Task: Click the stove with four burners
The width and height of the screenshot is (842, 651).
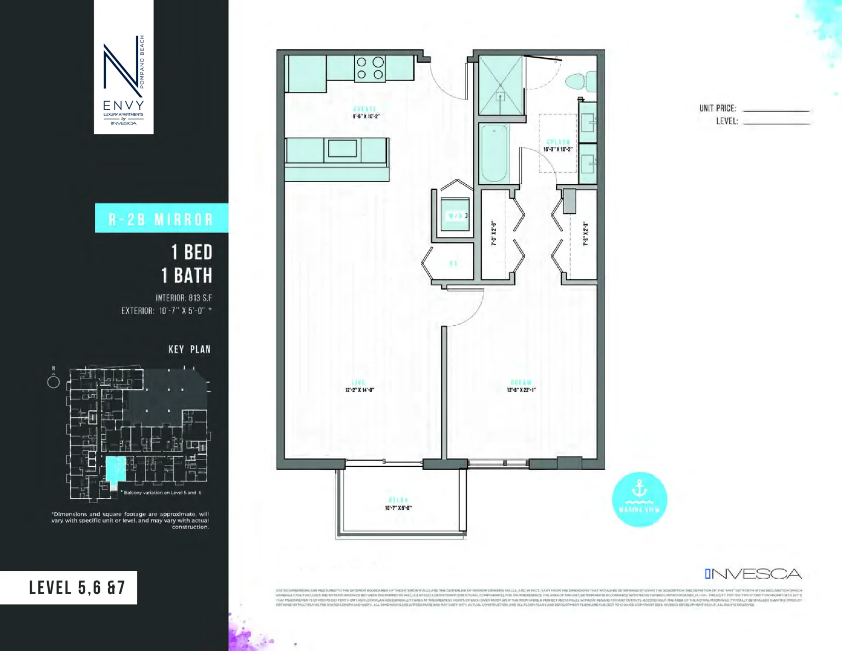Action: coord(370,69)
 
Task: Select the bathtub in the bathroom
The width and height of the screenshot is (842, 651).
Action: coord(494,154)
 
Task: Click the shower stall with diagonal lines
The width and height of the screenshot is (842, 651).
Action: coord(500,85)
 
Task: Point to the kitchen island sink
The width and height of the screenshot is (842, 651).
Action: coord(342,149)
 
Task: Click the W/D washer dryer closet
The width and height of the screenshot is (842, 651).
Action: coord(455,215)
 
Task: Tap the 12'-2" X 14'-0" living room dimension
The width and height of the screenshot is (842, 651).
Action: coord(359,390)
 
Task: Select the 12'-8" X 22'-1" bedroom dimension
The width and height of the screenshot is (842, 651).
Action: coord(521,390)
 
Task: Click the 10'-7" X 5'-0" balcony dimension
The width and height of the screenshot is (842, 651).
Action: coord(399,508)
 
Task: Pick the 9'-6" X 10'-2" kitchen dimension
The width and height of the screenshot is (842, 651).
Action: coord(366,116)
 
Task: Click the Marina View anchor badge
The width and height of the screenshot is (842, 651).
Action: coord(639,499)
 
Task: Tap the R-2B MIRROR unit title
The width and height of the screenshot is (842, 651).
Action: coord(161,219)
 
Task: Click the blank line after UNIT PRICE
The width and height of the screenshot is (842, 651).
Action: coord(776,110)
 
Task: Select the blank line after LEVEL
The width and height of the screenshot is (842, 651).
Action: coord(776,123)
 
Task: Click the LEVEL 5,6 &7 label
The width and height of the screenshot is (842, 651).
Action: coord(77,588)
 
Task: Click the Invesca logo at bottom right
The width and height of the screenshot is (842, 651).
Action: coord(753,574)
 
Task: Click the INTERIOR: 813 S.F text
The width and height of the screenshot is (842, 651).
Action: coord(184,298)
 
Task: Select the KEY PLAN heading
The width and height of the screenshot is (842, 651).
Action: coord(189,349)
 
